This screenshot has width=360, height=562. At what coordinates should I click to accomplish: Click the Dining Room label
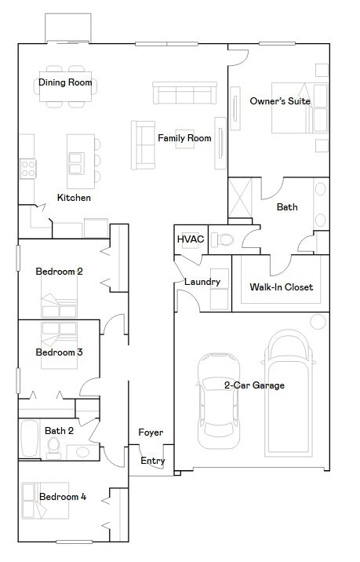pyautogui.click(x=65, y=82)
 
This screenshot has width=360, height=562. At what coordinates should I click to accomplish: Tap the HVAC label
pyautogui.click(x=191, y=239)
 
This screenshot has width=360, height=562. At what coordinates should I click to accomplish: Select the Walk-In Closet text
pyautogui.click(x=282, y=286)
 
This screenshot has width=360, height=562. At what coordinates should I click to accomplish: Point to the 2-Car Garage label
pyautogui.click(x=254, y=385)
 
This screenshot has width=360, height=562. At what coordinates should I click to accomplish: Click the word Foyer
pyautogui.click(x=151, y=432)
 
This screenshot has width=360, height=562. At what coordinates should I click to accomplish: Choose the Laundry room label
pyautogui.click(x=202, y=282)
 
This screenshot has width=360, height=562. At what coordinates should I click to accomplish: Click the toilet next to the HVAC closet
pyautogui.click(x=223, y=239)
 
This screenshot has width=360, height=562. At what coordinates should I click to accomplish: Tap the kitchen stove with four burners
pyautogui.click(x=28, y=169)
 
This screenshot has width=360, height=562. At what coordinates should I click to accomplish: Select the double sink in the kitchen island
pyautogui.click(x=76, y=163)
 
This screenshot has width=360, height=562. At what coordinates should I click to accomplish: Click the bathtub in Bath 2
pyautogui.click(x=29, y=438)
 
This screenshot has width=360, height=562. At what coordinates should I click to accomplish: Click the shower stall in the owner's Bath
pyautogui.click(x=240, y=198)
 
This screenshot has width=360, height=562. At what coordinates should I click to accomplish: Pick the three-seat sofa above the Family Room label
pyautogui.click(x=184, y=93)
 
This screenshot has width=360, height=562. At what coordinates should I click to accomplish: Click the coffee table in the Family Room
pyautogui.click(x=184, y=139)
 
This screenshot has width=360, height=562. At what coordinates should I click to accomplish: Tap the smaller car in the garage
pyautogui.click(x=219, y=401)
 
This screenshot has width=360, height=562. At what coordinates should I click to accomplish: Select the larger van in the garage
pyautogui.click(x=289, y=393)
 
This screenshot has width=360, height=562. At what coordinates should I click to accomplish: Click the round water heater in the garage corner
pyautogui.click(x=318, y=322)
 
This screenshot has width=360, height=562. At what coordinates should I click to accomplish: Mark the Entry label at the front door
pyautogui.click(x=153, y=461)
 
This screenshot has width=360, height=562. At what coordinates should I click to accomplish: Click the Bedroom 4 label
pyautogui.click(x=63, y=497)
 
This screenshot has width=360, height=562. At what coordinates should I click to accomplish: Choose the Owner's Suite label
pyautogui.click(x=280, y=101)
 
